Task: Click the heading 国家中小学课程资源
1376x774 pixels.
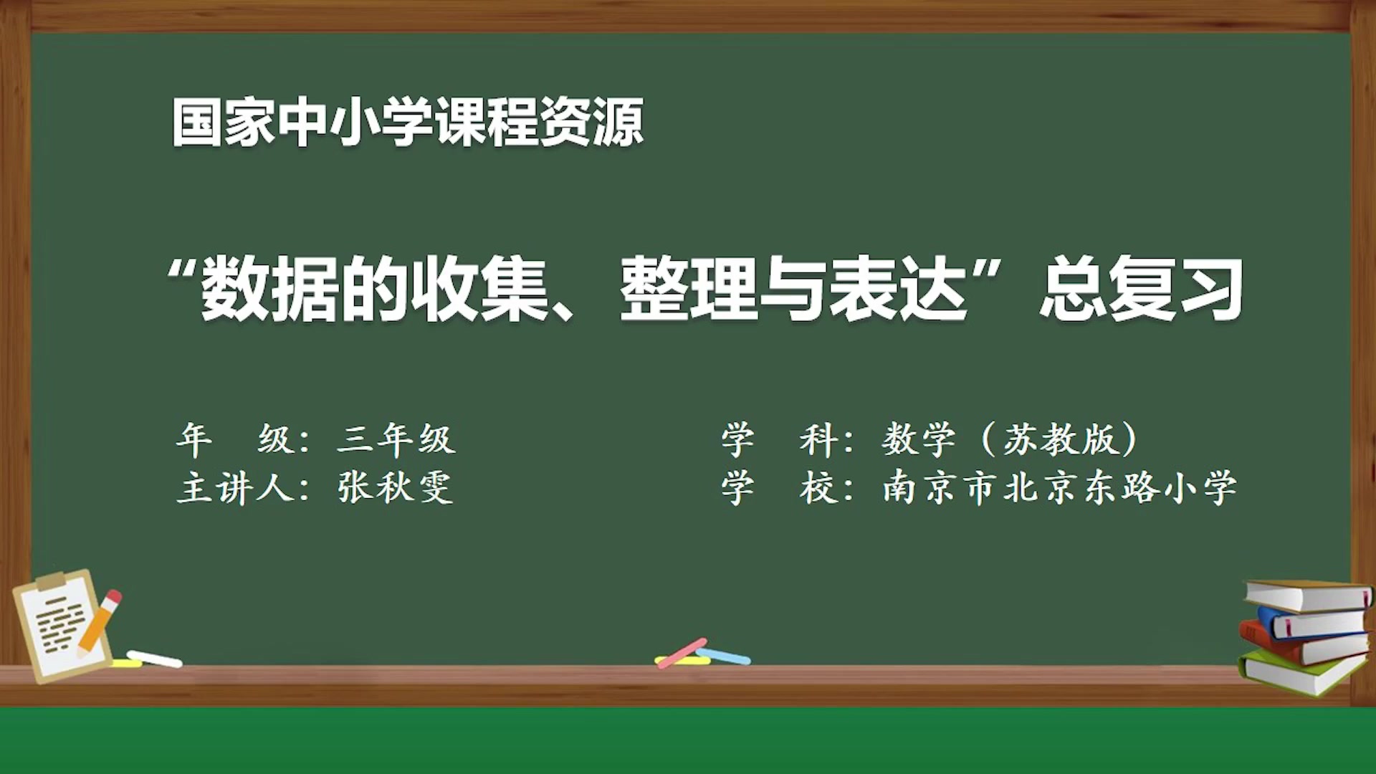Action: coord(407,123)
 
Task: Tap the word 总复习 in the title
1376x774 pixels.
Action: coord(1141,289)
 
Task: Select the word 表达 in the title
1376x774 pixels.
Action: coord(897,289)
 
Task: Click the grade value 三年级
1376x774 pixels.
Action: coord(396,439)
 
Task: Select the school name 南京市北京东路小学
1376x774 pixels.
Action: coord(1059,488)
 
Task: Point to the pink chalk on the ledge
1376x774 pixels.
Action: coord(681,653)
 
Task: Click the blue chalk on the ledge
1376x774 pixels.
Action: coord(725,656)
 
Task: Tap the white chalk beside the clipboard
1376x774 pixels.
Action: coord(156,659)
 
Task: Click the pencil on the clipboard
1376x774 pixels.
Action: coord(99,622)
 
